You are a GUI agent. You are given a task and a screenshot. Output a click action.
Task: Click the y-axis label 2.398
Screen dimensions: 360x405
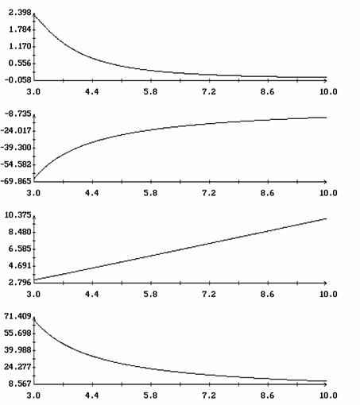pos(20,13)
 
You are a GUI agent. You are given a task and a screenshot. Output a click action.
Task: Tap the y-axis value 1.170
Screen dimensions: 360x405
pos(20,46)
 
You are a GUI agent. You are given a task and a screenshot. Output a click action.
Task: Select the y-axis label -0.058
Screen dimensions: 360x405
pos(17,80)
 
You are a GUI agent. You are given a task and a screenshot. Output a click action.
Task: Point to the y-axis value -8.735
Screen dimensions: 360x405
pos(17,114)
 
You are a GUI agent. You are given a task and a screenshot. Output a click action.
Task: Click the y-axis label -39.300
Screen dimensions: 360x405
pos(16,148)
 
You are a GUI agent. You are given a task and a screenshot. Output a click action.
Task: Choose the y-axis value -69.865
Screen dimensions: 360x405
pos(16,181)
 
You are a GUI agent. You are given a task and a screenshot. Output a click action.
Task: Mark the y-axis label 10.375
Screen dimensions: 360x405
pos(18,215)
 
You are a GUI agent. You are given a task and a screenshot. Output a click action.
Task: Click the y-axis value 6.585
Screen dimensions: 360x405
pos(20,249)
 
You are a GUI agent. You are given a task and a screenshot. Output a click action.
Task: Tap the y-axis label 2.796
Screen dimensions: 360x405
pos(20,283)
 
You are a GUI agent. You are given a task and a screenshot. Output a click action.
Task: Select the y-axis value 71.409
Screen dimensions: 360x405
pos(18,316)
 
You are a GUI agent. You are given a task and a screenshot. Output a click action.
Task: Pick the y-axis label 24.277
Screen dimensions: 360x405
pos(18,367)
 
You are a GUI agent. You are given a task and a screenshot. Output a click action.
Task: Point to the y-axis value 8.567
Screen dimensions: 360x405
pos(20,384)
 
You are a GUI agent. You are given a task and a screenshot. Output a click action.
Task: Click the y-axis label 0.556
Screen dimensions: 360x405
pos(20,64)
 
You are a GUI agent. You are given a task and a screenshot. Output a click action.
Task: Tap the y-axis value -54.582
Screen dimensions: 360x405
pos(16,164)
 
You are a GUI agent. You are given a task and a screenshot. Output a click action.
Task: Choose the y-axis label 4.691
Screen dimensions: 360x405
pos(20,265)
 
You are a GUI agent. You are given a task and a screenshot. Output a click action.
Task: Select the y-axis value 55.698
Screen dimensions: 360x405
pos(18,333)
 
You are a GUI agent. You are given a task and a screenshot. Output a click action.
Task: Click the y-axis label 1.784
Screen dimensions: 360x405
pos(20,29)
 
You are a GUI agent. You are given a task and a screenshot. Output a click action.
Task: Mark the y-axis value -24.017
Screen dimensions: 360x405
pos(16,131)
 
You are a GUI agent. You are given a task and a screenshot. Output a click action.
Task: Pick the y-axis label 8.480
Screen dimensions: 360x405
pos(20,232)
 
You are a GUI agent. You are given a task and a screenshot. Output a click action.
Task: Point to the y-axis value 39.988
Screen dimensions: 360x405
pos(18,350)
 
